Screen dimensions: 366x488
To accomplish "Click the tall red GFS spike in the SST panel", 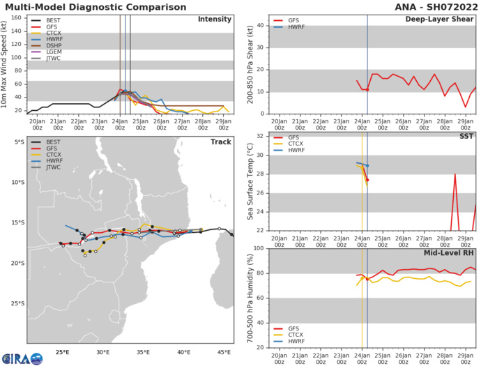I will tap(455, 175).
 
